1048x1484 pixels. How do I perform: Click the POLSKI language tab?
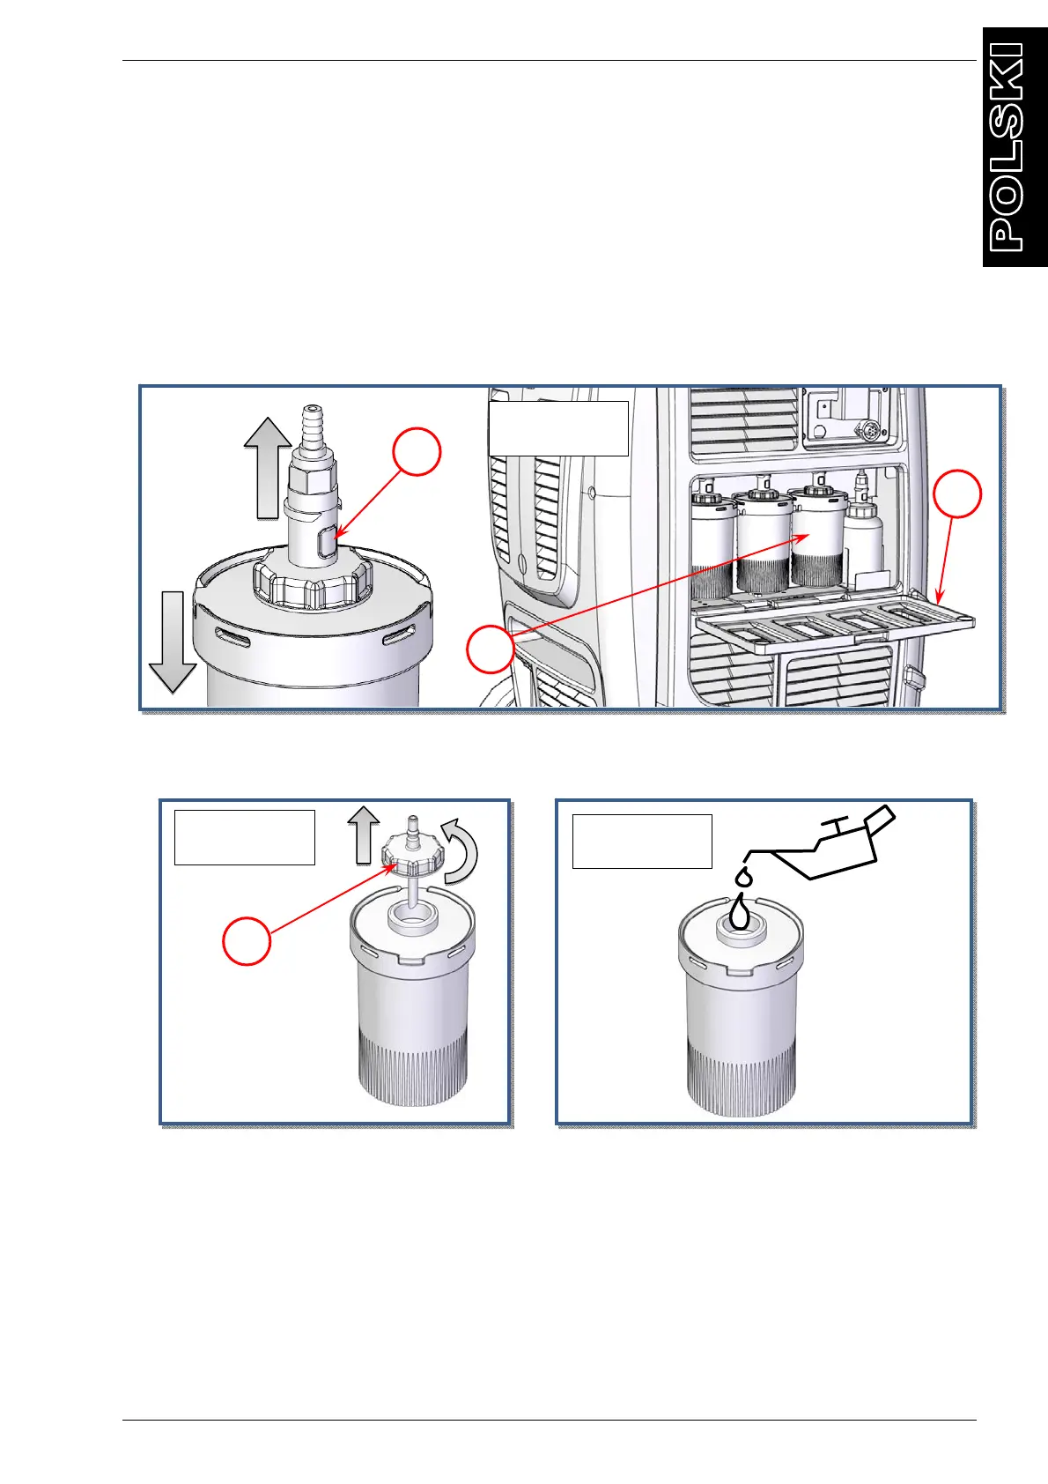click(1015, 147)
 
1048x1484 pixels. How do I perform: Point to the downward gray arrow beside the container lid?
click(173, 641)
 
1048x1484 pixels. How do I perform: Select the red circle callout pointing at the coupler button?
click(416, 450)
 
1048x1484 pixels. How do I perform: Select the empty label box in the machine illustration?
click(558, 428)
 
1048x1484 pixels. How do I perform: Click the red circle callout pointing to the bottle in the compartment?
click(490, 649)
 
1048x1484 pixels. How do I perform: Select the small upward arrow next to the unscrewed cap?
click(363, 836)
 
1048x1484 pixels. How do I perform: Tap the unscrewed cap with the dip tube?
click(410, 851)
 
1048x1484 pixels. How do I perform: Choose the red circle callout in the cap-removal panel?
click(247, 940)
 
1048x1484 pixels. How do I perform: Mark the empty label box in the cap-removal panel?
click(244, 837)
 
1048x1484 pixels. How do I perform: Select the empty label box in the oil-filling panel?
click(642, 841)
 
